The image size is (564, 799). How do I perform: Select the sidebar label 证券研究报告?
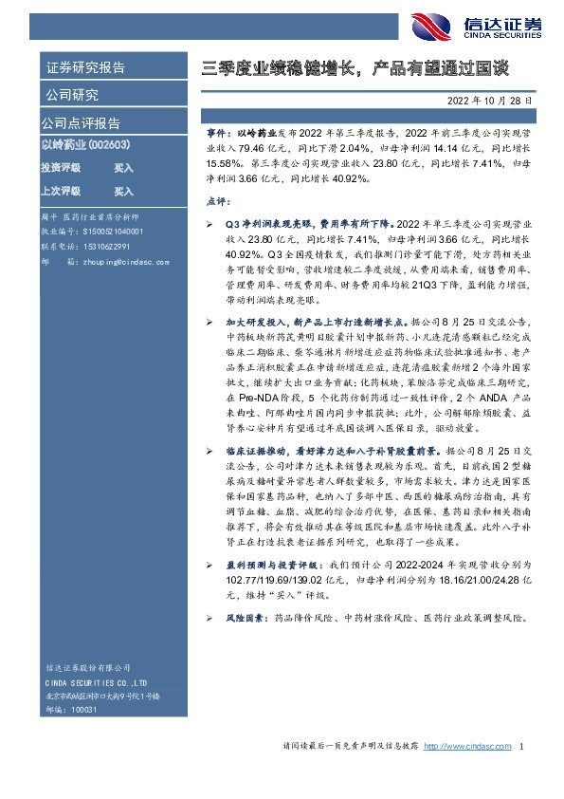point(84,68)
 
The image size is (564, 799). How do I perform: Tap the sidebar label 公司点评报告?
point(81,123)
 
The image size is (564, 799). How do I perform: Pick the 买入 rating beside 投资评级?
point(123,167)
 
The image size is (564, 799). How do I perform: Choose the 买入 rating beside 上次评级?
point(123,191)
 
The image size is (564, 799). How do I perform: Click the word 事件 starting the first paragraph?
point(217,137)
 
